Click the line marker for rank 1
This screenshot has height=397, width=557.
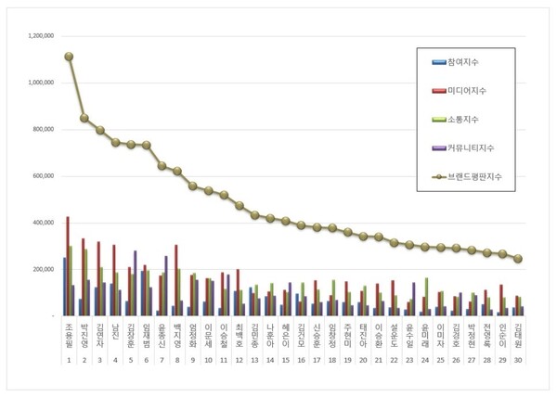tap(69, 57)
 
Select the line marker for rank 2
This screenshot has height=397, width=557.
tap(84, 118)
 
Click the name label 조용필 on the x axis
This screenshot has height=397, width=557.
tap(69, 338)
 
